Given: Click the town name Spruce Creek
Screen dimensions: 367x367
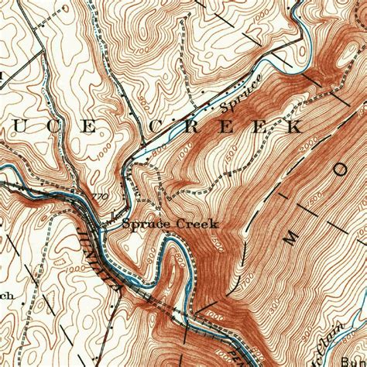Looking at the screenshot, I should pos(170,225).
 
